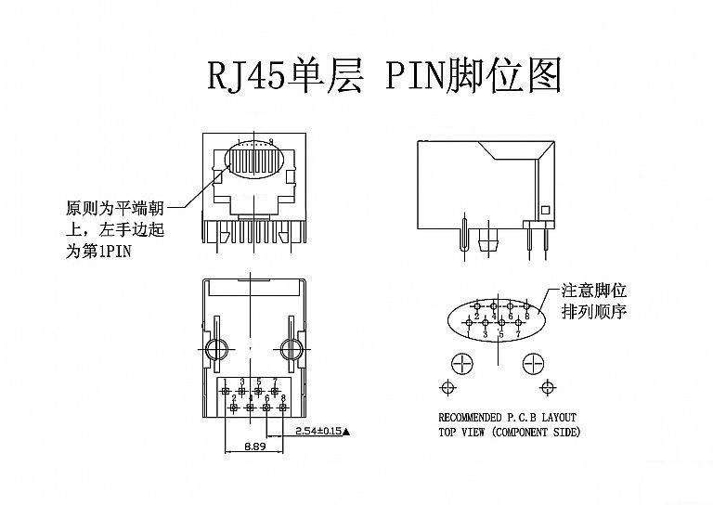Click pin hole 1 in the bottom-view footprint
click(x=226, y=393)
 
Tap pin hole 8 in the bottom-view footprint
click(x=283, y=407)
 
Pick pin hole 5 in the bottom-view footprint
click(x=259, y=392)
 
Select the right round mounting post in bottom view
click(x=291, y=350)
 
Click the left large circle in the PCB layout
click(x=460, y=361)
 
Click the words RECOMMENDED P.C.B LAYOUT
click(x=508, y=417)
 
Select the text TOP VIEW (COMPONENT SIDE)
click(x=509, y=432)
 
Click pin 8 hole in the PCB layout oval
click(x=525, y=305)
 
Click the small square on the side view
click(x=546, y=209)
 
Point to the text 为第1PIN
click(x=97, y=251)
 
